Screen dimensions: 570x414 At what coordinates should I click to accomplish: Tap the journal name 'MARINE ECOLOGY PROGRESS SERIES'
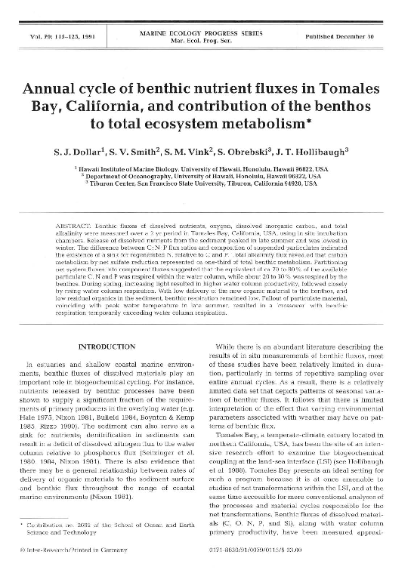click(x=206, y=32)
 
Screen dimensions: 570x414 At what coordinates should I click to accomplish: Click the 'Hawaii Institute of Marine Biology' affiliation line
click(x=207, y=172)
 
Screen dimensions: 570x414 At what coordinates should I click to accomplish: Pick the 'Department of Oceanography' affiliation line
click(x=207, y=180)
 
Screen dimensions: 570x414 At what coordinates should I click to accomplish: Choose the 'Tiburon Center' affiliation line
click(x=207, y=188)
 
